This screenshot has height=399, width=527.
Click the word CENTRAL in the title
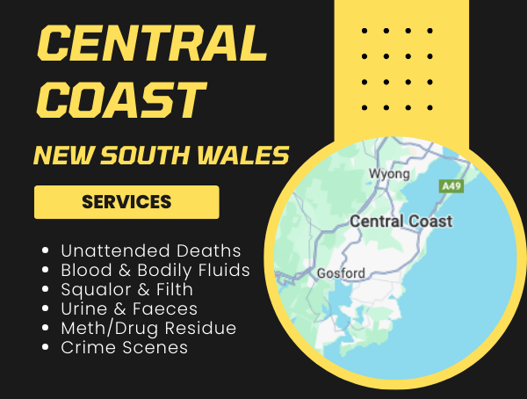click(151, 44)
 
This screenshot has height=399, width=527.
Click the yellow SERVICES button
click(126, 201)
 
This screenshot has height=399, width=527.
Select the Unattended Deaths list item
click(150, 250)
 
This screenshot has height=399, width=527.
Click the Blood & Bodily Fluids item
click(155, 270)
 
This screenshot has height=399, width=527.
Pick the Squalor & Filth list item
click(126, 289)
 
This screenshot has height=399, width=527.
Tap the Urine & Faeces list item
click(129, 308)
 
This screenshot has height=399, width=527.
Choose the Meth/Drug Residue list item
click(148, 328)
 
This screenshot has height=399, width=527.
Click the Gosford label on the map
click(340, 272)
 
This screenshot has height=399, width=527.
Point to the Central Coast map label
click(401, 221)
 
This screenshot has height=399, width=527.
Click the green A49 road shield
click(451, 186)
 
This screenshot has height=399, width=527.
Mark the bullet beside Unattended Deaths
click(45, 251)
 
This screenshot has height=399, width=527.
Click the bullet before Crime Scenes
click(45, 348)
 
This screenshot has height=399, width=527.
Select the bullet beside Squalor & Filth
click(45, 290)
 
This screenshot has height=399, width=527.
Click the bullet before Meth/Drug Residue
click(45, 329)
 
